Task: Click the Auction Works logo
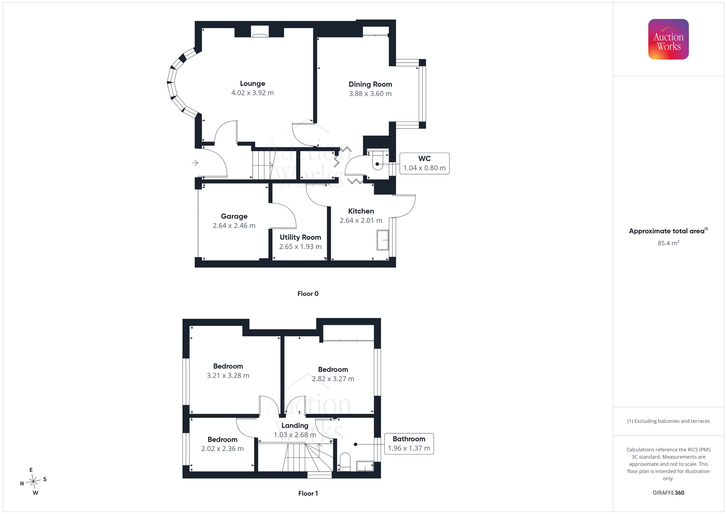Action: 668,39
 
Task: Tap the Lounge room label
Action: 252,84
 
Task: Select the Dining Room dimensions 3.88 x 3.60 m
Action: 370,94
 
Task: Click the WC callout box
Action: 424,163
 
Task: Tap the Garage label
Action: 234,216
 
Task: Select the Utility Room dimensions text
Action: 300,246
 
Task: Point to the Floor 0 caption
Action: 308,294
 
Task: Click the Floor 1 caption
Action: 308,493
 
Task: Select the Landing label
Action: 295,426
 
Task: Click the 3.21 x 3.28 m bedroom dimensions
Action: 228,376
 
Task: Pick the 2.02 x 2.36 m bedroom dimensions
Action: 222,449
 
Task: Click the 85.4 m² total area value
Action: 668,243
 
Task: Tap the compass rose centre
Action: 33,482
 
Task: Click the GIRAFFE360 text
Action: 668,493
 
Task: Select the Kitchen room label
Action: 361,211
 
